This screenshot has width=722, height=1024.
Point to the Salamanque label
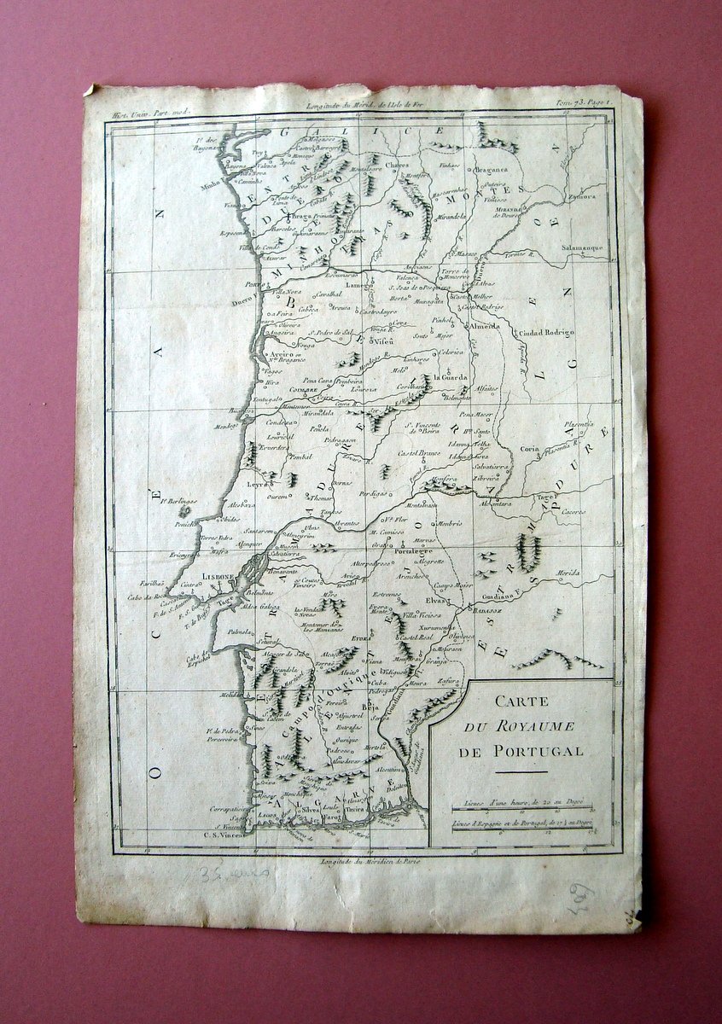click(583, 247)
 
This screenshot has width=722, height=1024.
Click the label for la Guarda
click(451, 377)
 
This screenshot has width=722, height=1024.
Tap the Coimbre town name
click(304, 388)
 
